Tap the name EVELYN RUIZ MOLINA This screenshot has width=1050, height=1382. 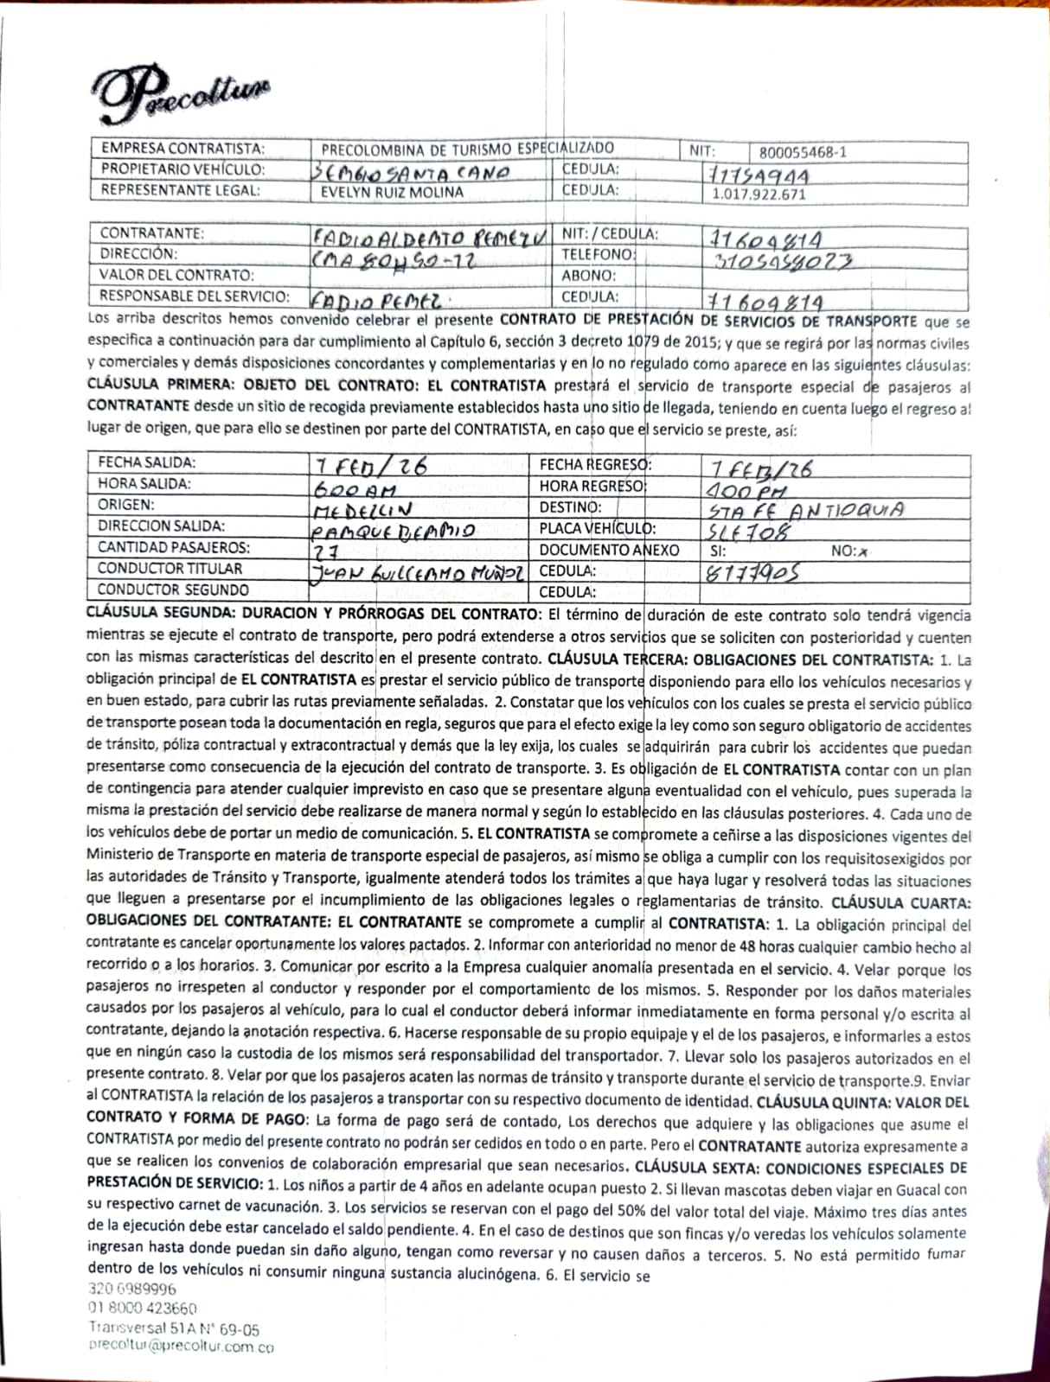pos(392,192)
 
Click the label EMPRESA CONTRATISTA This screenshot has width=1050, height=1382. pos(183,149)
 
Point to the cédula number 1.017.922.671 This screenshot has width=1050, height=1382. pos(759,194)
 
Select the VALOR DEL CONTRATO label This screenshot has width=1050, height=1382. pos(176,275)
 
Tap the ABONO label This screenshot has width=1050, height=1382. pos(588,276)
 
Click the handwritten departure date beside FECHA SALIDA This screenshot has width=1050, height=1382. pos(372,466)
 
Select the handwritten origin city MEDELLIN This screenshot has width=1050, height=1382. pos(362,510)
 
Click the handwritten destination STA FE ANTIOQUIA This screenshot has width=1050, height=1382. pos(805,509)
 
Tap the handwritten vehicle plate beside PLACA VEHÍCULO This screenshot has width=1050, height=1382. pos(749,531)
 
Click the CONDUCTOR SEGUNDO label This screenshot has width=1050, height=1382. pos(173,589)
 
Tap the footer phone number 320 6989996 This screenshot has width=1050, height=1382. pos(132,1288)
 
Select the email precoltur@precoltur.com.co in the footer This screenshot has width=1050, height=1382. pos(181,1346)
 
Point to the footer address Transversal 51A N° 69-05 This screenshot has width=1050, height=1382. pos(173,1328)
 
